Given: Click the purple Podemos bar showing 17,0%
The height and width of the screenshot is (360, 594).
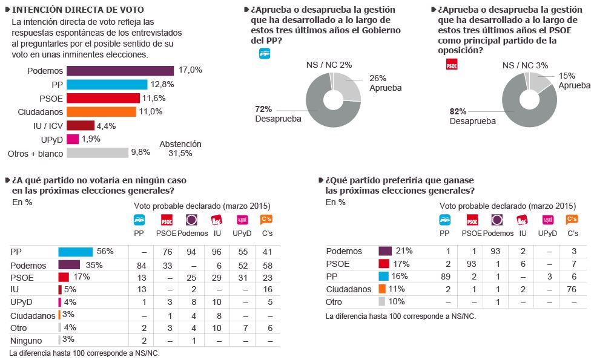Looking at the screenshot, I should point(120,71).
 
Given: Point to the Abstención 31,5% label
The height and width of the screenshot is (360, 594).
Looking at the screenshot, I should point(180,149).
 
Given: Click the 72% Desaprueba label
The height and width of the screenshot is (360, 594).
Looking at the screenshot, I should point(278,114).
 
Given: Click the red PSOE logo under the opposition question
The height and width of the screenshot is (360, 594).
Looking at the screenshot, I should point(450,64).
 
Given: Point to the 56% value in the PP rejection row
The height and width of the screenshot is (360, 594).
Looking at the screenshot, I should point(105,251).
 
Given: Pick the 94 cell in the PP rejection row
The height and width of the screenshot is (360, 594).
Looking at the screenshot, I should point(191,252).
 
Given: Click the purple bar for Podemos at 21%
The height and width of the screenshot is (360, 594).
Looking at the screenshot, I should point(385,251).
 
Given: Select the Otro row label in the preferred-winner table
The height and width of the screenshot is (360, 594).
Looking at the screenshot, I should point(334,302).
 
